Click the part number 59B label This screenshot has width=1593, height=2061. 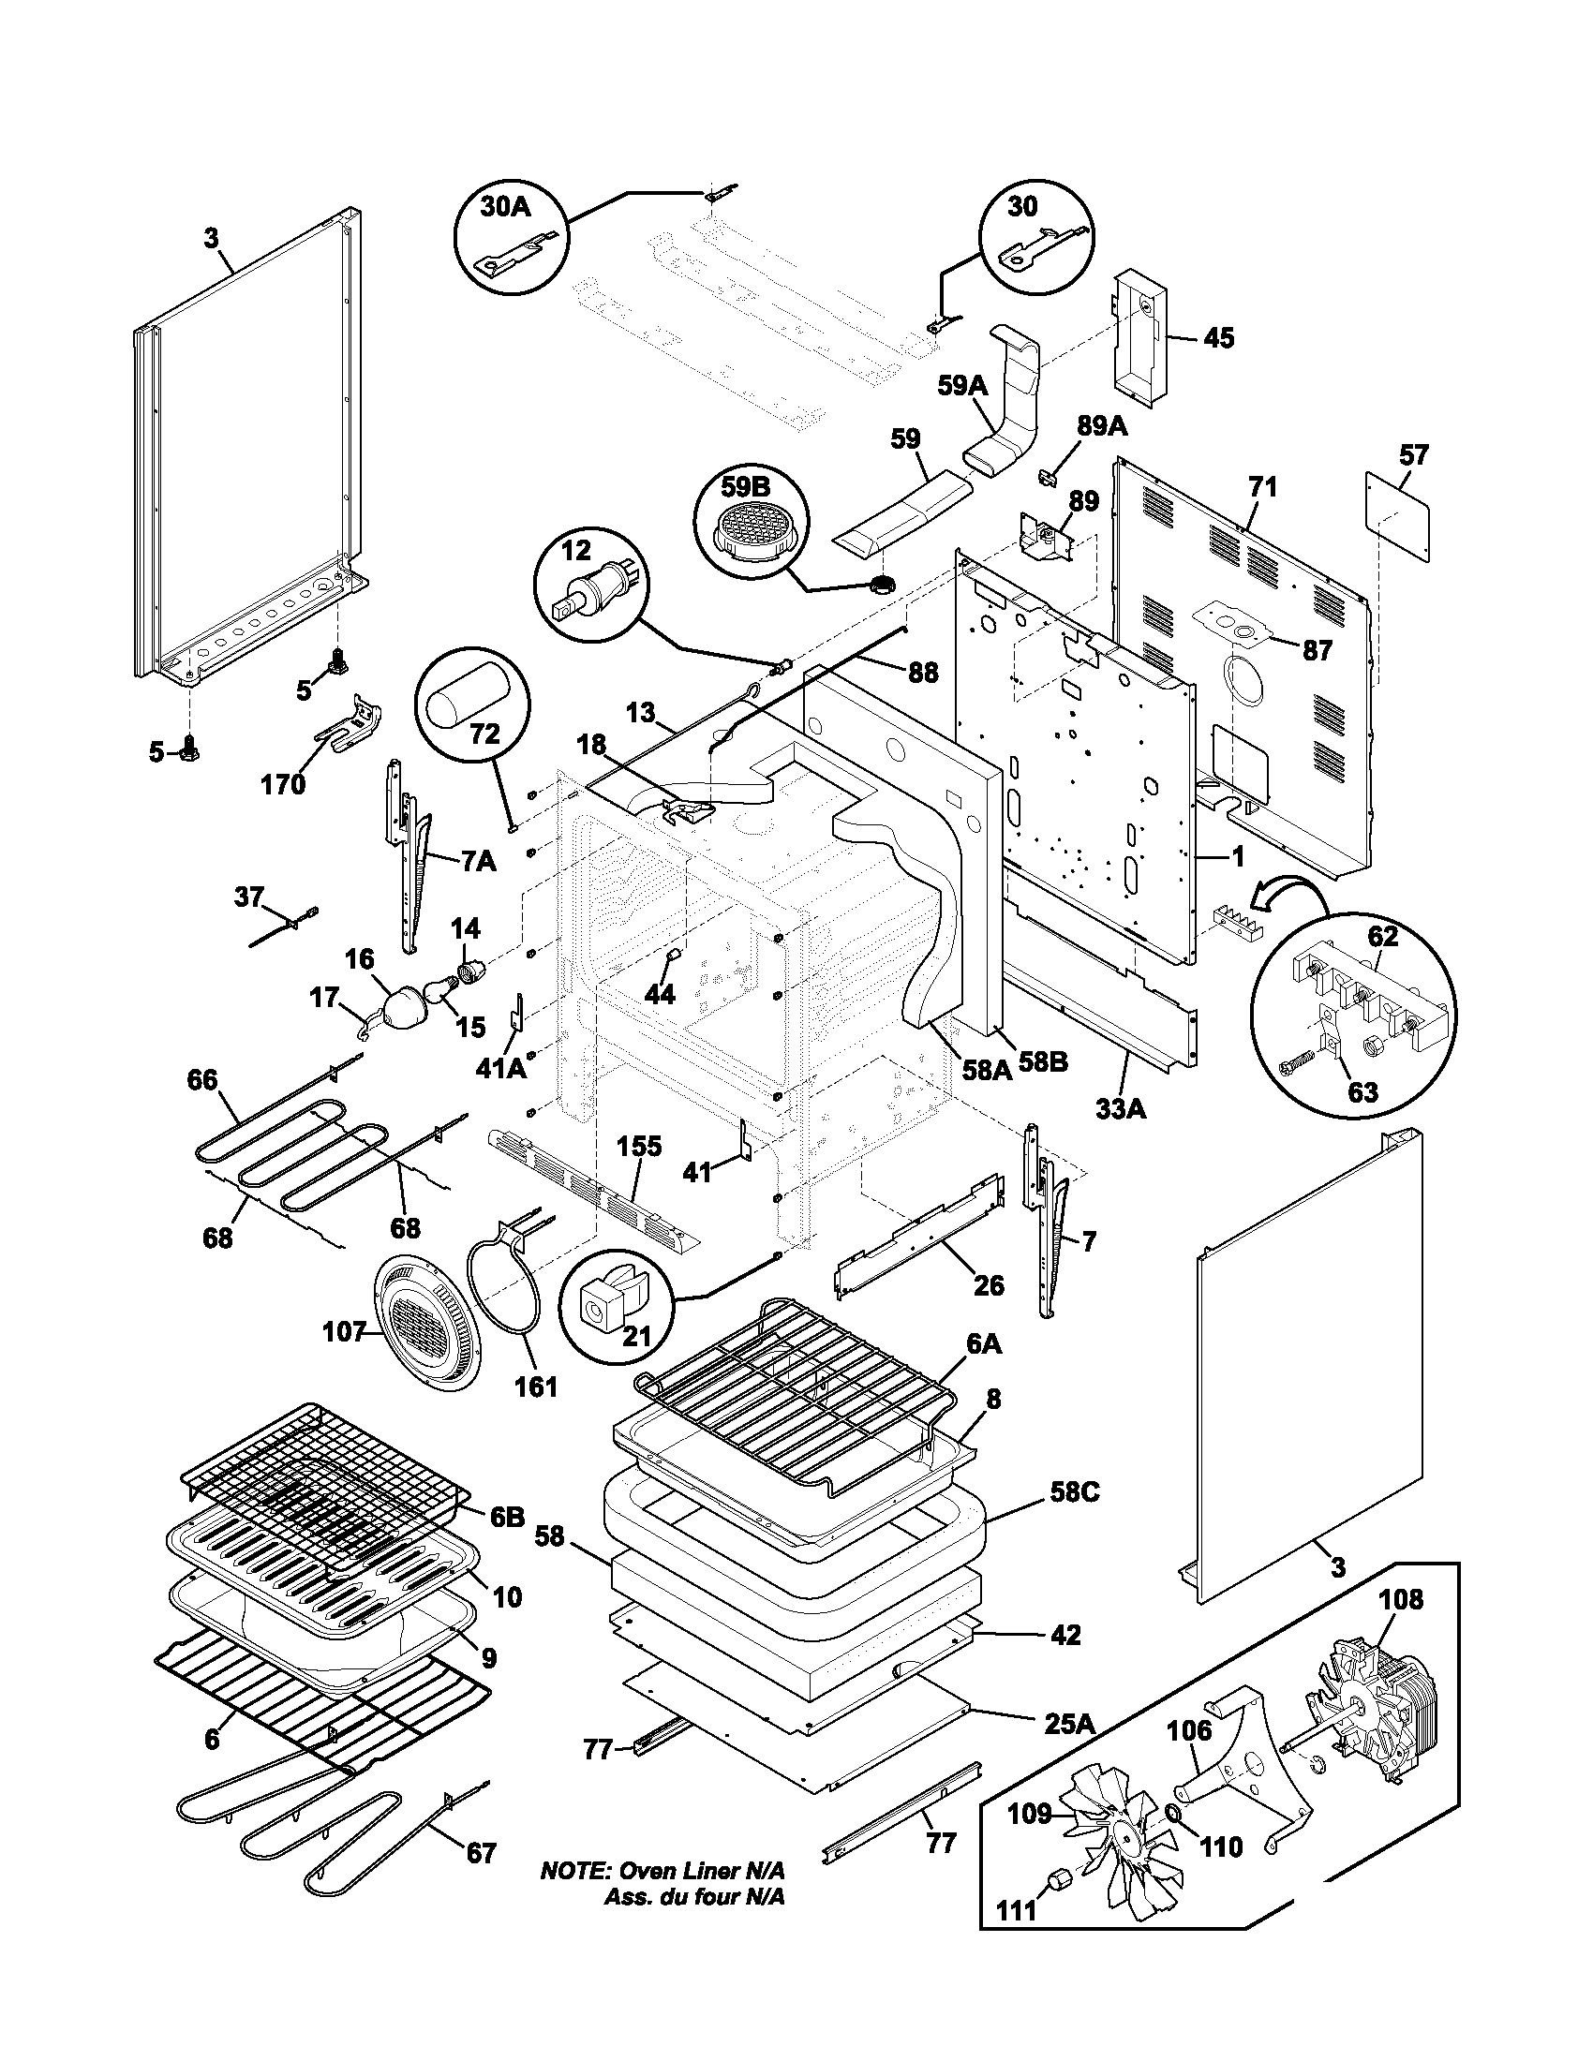click(x=747, y=488)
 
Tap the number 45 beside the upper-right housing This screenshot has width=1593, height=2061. click(x=1218, y=338)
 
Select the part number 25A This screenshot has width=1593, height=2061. click(x=1068, y=1723)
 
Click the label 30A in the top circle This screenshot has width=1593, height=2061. click(x=506, y=208)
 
